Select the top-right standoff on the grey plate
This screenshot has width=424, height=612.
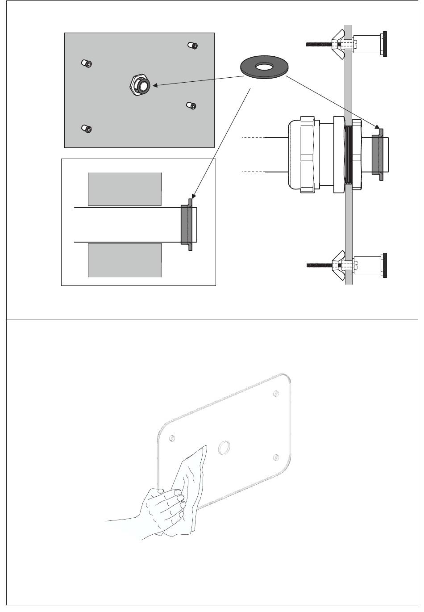(x=192, y=45)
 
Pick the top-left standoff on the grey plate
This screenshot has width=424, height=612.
(x=87, y=63)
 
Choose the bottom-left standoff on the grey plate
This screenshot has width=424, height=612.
(x=87, y=129)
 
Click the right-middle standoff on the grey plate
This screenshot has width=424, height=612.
(x=191, y=105)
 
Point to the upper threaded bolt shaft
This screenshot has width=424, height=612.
(x=319, y=44)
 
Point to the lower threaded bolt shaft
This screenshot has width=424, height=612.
(x=319, y=265)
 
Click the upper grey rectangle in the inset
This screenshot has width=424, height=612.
(x=125, y=189)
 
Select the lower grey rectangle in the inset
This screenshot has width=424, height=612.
(x=125, y=260)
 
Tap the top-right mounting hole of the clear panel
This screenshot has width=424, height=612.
(x=276, y=394)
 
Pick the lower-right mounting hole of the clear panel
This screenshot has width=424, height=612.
(x=276, y=457)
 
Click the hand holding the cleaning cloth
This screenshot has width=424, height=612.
(x=163, y=509)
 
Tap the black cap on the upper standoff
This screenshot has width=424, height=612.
(x=385, y=43)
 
